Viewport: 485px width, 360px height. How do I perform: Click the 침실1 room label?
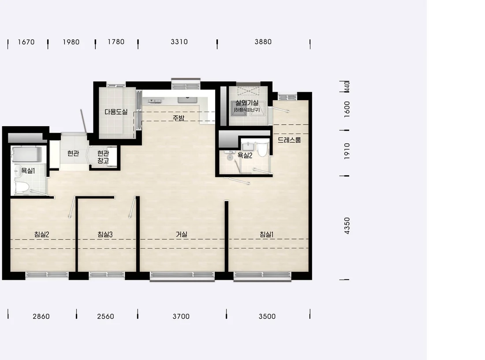266,235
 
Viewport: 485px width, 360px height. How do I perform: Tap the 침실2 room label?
42,235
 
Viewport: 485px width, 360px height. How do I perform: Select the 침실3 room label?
105,235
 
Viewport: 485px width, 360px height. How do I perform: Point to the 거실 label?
182,235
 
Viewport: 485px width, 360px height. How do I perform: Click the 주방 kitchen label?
179,118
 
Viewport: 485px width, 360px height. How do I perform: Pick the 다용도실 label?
116,112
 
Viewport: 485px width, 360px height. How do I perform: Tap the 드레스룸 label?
289,140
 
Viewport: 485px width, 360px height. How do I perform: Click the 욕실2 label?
245,155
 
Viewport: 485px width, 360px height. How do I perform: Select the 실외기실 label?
247,103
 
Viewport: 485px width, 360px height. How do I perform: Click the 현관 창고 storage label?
103,157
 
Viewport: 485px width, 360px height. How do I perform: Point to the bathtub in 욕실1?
26,154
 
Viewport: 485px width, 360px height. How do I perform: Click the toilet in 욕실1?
22,187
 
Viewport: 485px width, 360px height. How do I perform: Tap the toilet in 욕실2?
263,149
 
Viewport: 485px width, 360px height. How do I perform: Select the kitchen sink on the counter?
187,100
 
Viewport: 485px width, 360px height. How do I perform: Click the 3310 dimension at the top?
179,42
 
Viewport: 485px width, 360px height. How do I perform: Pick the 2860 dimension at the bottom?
41,316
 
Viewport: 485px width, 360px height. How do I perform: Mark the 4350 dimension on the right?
347,225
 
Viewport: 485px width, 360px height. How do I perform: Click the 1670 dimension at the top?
26,42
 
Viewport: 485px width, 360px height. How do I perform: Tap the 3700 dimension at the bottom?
181,316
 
